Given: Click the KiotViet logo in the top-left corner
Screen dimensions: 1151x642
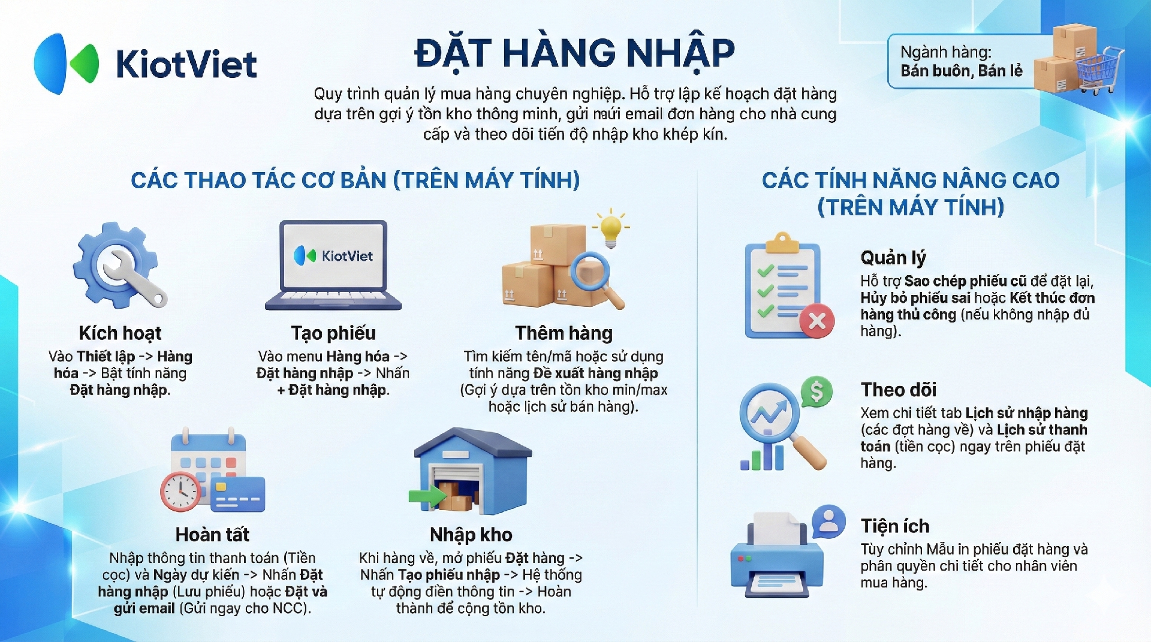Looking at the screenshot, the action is pyautogui.click(x=146, y=64).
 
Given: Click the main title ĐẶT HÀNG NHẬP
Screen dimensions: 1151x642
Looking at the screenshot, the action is pyautogui.click(x=574, y=53).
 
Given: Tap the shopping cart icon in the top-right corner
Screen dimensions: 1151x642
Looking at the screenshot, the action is pyautogui.click(x=1100, y=71).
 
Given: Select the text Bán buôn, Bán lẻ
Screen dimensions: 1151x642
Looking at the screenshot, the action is pyautogui.click(x=962, y=71).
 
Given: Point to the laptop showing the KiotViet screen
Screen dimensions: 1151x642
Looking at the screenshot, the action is pyautogui.click(x=333, y=265).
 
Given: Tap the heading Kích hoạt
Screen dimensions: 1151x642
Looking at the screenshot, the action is pyautogui.click(x=120, y=333).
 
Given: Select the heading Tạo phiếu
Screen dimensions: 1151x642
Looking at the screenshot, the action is pyautogui.click(x=333, y=333).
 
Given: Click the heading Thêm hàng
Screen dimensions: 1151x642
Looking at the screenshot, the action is pyautogui.click(x=564, y=333).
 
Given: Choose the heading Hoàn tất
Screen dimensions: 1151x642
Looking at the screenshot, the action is pyautogui.click(x=212, y=535).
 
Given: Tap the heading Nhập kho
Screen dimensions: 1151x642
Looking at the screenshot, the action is pyautogui.click(x=471, y=535).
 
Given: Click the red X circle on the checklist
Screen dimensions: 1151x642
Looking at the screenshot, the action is pyautogui.click(x=817, y=321).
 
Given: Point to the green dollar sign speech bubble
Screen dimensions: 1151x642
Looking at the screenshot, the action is pyautogui.click(x=816, y=392).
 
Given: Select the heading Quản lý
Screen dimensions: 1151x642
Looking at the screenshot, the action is pyautogui.click(x=893, y=258).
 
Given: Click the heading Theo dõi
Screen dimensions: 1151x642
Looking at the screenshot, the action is pyautogui.click(x=899, y=390).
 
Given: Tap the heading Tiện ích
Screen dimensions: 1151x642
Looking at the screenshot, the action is pyautogui.click(x=895, y=526).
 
